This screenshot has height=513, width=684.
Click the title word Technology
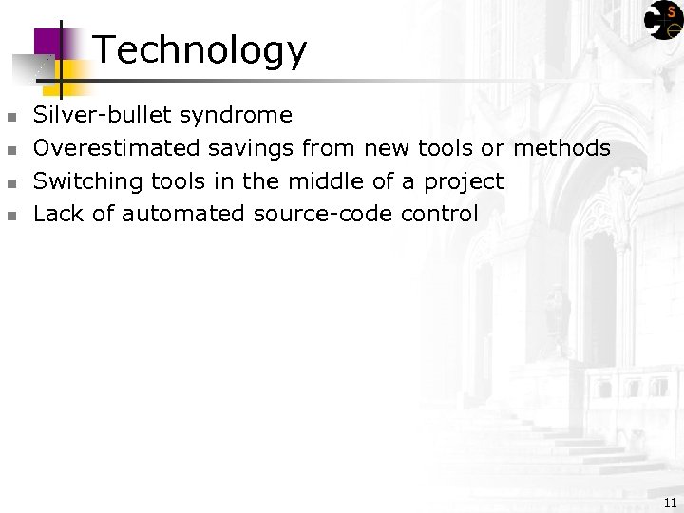point(200,50)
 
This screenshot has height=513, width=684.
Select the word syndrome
point(236,116)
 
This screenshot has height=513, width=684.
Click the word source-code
point(323,214)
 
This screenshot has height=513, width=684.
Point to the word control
point(440,214)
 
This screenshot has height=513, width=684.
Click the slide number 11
point(671,503)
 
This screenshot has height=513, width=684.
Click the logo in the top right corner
point(663,19)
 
